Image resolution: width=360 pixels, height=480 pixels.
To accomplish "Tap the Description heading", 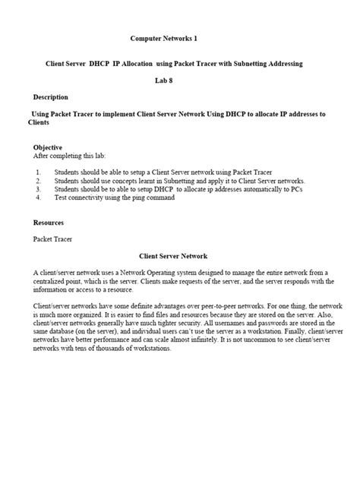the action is click(x=51, y=97).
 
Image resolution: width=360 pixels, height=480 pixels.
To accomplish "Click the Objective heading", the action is click(x=48, y=147).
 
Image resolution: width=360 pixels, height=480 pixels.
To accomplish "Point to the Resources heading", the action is click(x=49, y=223).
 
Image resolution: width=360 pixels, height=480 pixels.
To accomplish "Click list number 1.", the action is click(x=38, y=172).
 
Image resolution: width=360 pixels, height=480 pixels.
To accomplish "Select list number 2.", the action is click(x=38, y=181).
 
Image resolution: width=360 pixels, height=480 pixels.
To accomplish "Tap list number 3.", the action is click(x=38, y=189).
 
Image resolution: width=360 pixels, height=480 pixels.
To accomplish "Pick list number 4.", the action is click(x=38, y=197).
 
